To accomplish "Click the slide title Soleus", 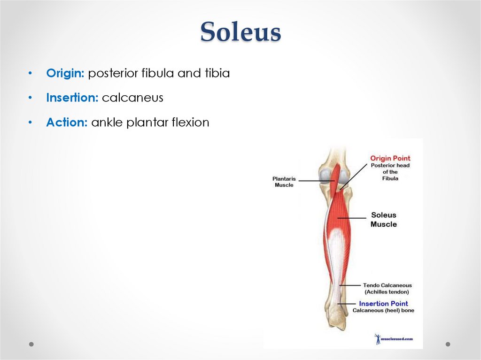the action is point(240,32).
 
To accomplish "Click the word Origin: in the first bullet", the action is point(65,74).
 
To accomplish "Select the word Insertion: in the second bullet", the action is point(72,98).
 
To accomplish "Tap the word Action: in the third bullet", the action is point(67,123).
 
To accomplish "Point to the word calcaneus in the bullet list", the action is point(132,98).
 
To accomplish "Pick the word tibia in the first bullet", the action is point(217,74).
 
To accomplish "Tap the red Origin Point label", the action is point(390,158).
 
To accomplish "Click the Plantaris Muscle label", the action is point(284,182).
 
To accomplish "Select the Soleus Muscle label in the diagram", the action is point(384,220).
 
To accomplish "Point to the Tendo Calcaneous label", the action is point(387,285).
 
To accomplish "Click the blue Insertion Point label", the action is point(383,304).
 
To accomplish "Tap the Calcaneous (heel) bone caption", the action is point(383,311).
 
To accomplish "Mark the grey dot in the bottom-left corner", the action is point(31,344).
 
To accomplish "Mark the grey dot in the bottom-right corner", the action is point(448,344).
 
